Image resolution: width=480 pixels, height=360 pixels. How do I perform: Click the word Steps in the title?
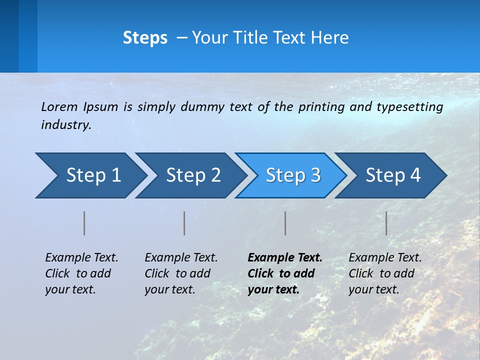(145, 38)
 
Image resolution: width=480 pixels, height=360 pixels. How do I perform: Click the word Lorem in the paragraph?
(59, 106)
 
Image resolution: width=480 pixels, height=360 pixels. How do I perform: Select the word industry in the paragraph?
(65, 125)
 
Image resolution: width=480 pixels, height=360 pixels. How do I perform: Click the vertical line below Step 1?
(84, 223)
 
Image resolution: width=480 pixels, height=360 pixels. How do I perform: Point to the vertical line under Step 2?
(184, 223)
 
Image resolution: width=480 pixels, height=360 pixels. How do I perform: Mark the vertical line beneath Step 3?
(285, 223)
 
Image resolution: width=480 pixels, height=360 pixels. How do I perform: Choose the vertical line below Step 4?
(386, 223)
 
